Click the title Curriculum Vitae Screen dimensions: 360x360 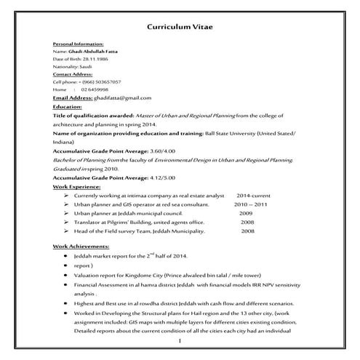click(x=180, y=28)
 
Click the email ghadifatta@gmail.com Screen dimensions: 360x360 click(x=122, y=97)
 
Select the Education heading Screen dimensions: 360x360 click(x=68, y=106)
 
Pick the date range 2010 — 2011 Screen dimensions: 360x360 click(x=251, y=204)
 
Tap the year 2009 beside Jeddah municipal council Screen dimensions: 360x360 click(x=246, y=213)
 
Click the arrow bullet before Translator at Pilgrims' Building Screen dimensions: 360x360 click(x=66, y=222)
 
